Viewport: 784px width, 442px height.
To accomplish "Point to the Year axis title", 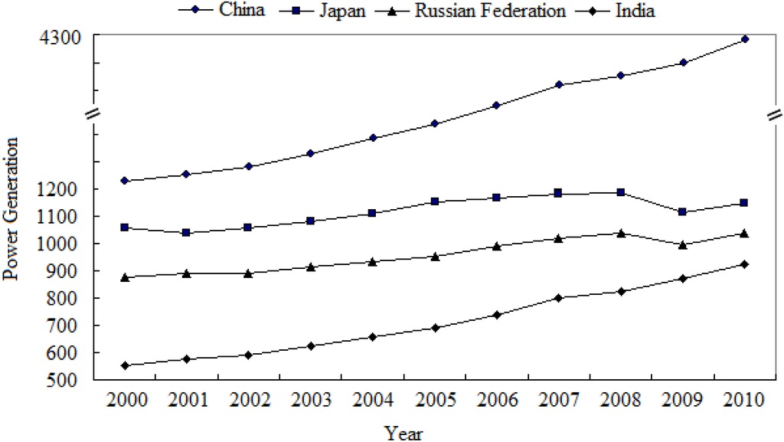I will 403,433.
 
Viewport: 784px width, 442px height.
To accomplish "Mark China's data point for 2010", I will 743,39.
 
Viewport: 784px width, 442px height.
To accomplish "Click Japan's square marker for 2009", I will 681,212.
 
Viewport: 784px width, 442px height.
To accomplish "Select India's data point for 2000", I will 125,365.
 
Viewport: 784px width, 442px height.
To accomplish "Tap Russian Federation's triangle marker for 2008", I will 619,233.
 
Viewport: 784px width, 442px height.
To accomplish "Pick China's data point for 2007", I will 558,84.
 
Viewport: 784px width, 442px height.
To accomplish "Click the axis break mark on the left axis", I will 91,113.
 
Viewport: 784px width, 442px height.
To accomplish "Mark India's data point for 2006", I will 496,315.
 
